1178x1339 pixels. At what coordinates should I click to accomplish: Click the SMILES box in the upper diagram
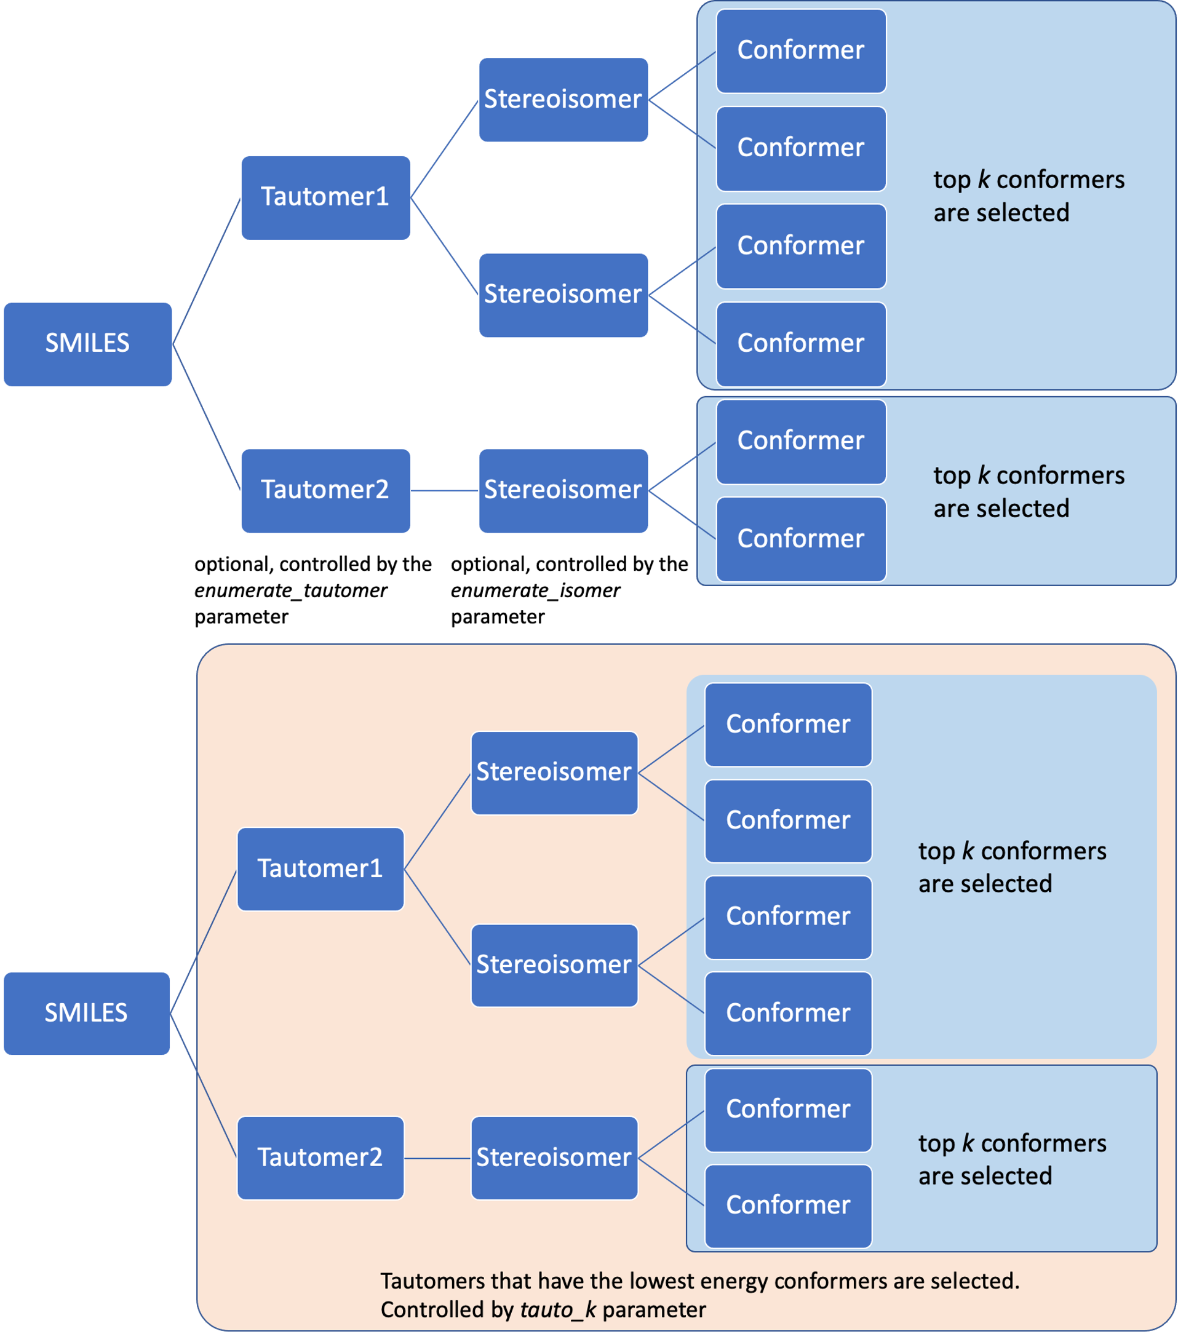coord(88,344)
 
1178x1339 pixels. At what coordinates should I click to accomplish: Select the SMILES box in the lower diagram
coord(87,1014)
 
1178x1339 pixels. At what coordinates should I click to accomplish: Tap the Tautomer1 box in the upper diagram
coord(325,197)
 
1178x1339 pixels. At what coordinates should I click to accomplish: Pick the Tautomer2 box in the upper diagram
coord(325,491)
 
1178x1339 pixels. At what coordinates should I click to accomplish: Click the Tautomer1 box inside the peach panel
coord(320,868)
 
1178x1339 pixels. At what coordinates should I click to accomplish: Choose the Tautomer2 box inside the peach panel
coord(320,1158)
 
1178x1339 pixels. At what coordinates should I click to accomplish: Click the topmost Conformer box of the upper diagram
coord(801,50)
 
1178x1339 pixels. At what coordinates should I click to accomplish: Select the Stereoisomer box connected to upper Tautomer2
coord(563,491)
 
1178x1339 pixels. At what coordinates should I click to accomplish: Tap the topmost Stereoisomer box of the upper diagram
coord(563,100)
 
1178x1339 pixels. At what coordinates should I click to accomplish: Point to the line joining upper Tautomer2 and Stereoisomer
coord(444,491)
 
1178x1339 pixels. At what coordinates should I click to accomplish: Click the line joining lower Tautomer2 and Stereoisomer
coord(437,1158)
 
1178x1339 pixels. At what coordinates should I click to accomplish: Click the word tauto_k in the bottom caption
coord(557,1309)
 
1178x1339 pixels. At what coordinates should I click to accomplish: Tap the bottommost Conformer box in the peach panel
coord(788,1206)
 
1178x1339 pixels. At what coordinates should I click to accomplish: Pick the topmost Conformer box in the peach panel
coord(788,725)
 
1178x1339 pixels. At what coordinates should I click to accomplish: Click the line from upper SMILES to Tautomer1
coord(206,271)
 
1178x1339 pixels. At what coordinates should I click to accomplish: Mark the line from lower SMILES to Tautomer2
coord(203,1085)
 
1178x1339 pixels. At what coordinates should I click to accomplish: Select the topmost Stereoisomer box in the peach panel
coord(554,773)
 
